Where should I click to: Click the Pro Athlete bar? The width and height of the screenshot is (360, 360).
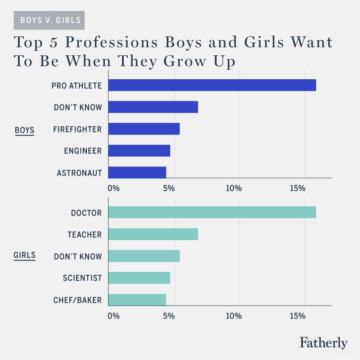(x=212, y=85)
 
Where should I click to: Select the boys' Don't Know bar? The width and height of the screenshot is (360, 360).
(x=153, y=107)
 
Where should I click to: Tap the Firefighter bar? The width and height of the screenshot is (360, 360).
(x=144, y=129)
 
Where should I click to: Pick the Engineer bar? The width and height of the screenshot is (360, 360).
(x=139, y=151)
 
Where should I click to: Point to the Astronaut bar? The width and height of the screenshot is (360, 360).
(x=137, y=173)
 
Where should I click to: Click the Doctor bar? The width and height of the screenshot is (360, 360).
(x=212, y=212)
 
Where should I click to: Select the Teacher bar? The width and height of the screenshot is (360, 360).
(x=153, y=234)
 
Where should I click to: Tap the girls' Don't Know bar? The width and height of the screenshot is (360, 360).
(x=144, y=256)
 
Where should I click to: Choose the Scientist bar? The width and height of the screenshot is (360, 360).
(x=139, y=278)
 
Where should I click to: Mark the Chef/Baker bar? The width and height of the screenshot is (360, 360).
(x=137, y=300)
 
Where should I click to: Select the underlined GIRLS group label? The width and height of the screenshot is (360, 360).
(x=25, y=256)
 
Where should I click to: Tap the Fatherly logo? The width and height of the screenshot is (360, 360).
(x=324, y=342)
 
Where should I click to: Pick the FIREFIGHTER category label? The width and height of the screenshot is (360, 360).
(x=77, y=129)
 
